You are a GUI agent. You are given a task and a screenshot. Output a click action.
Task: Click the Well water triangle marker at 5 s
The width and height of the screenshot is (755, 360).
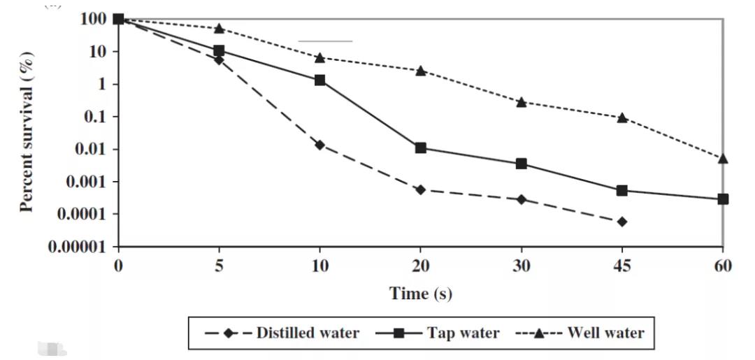tap(219, 29)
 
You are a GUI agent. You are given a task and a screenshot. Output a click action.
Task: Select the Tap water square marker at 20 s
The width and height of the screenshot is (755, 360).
tap(420, 147)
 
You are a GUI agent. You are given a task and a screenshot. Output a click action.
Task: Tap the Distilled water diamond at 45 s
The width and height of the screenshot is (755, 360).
tap(621, 222)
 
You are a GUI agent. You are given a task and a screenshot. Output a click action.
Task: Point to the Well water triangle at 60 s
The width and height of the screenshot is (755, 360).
tap(722, 159)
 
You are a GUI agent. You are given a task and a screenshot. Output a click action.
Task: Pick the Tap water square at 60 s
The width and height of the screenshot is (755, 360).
tap(722, 199)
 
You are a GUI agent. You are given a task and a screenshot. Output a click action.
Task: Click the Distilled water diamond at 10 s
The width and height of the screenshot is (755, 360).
tap(319, 145)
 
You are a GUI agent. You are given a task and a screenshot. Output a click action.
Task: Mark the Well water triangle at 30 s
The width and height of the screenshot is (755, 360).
tap(521, 102)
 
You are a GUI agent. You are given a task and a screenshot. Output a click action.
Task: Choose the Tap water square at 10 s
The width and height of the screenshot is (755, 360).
tap(319, 80)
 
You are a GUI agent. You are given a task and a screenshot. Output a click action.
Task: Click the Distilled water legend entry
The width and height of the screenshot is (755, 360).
tap(282, 333)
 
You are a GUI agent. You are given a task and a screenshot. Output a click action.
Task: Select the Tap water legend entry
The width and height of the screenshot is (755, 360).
tap(438, 333)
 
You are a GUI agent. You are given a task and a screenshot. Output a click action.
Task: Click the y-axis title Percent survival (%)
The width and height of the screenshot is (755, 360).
tap(27, 132)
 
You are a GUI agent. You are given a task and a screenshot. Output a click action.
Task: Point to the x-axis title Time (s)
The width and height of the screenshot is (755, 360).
tap(420, 294)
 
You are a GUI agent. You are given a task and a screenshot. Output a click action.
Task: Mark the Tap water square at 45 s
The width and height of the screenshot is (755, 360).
tap(621, 190)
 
